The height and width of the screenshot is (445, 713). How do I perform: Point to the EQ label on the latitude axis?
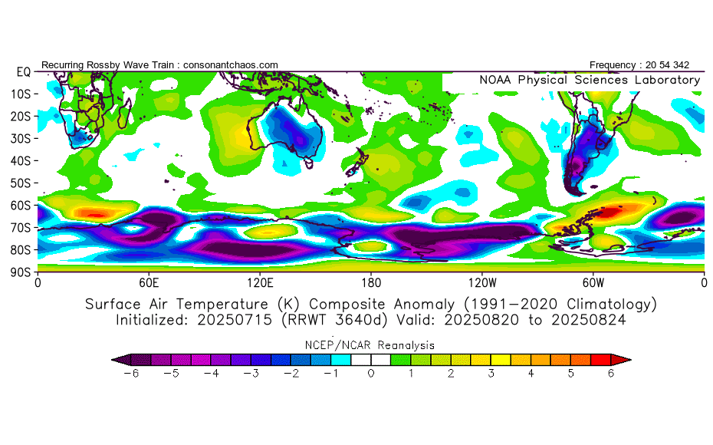[x=23, y=71]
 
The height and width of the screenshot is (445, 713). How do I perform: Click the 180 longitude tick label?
[x=371, y=282]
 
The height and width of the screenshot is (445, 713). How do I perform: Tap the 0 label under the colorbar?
[x=371, y=373]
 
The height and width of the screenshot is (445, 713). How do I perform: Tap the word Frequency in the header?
[x=614, y=65]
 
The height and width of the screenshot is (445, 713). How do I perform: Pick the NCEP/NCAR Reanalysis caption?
[x=371, y=345]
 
